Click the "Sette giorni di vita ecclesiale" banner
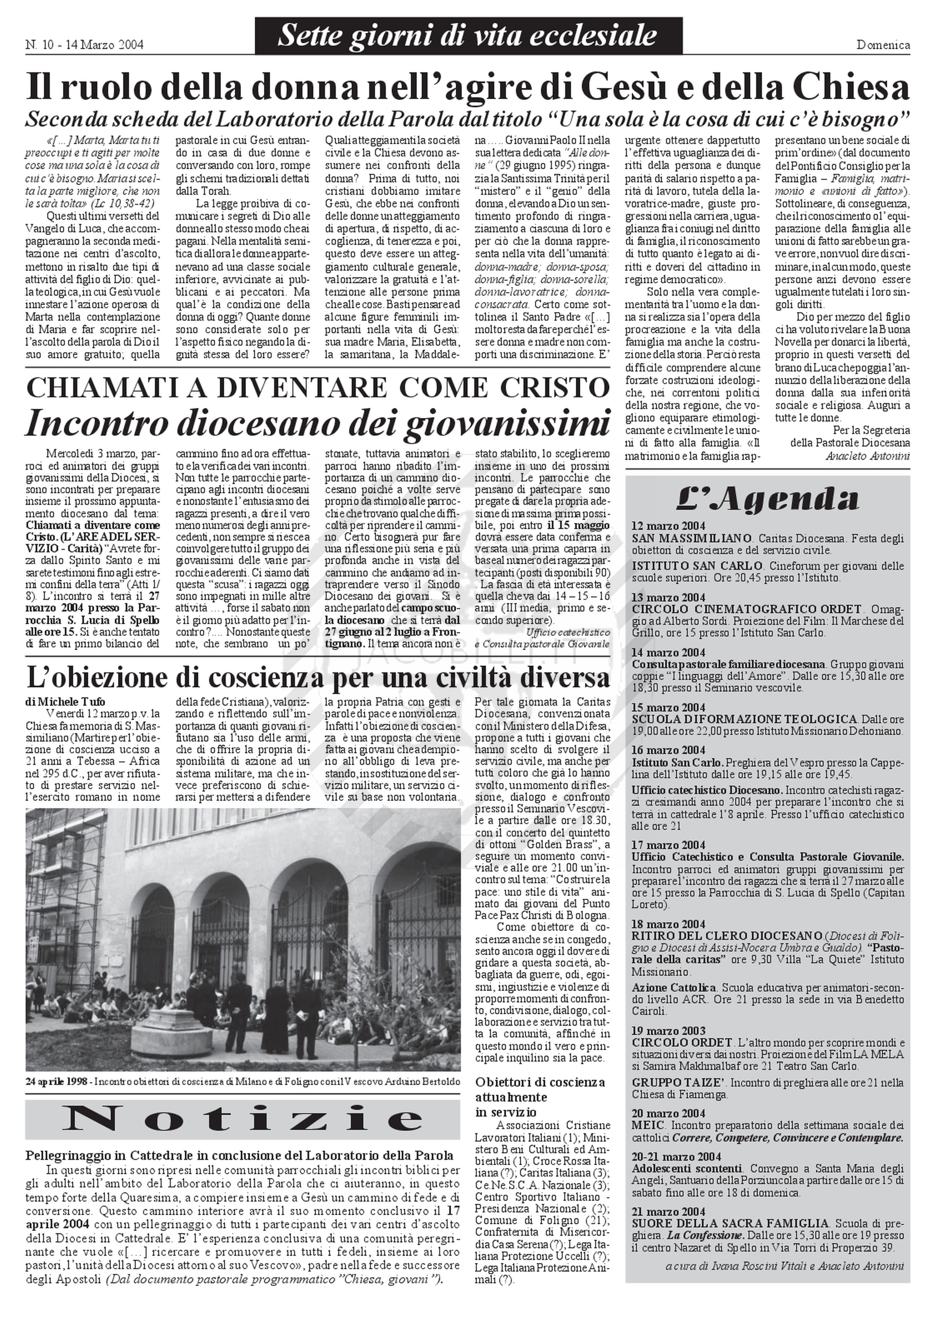tap(468, 36)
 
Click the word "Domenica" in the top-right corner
tap(883, 45)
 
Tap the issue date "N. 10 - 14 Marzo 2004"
tap(84, 45)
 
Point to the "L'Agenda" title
tap(767, 499)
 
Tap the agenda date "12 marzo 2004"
tap(668, 526)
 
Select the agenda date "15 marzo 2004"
tap(668, 708)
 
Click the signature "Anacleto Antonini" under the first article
tap(867, 456)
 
